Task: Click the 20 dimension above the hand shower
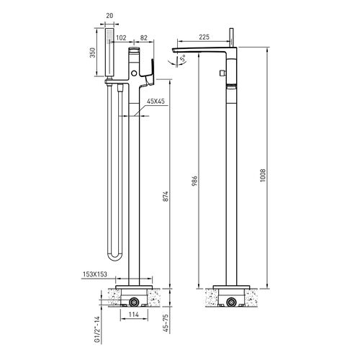[109, 16]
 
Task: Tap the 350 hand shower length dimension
[93, 53]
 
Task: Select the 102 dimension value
[121, 37]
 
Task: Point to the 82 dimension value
[143, 37]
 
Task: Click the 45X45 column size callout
[156, 102]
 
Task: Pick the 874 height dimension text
[166, 197]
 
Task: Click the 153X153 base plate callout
[95, 274]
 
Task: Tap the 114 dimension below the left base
[134, 315]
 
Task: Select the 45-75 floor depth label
[166, 323]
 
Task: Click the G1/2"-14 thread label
[96, 330]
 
